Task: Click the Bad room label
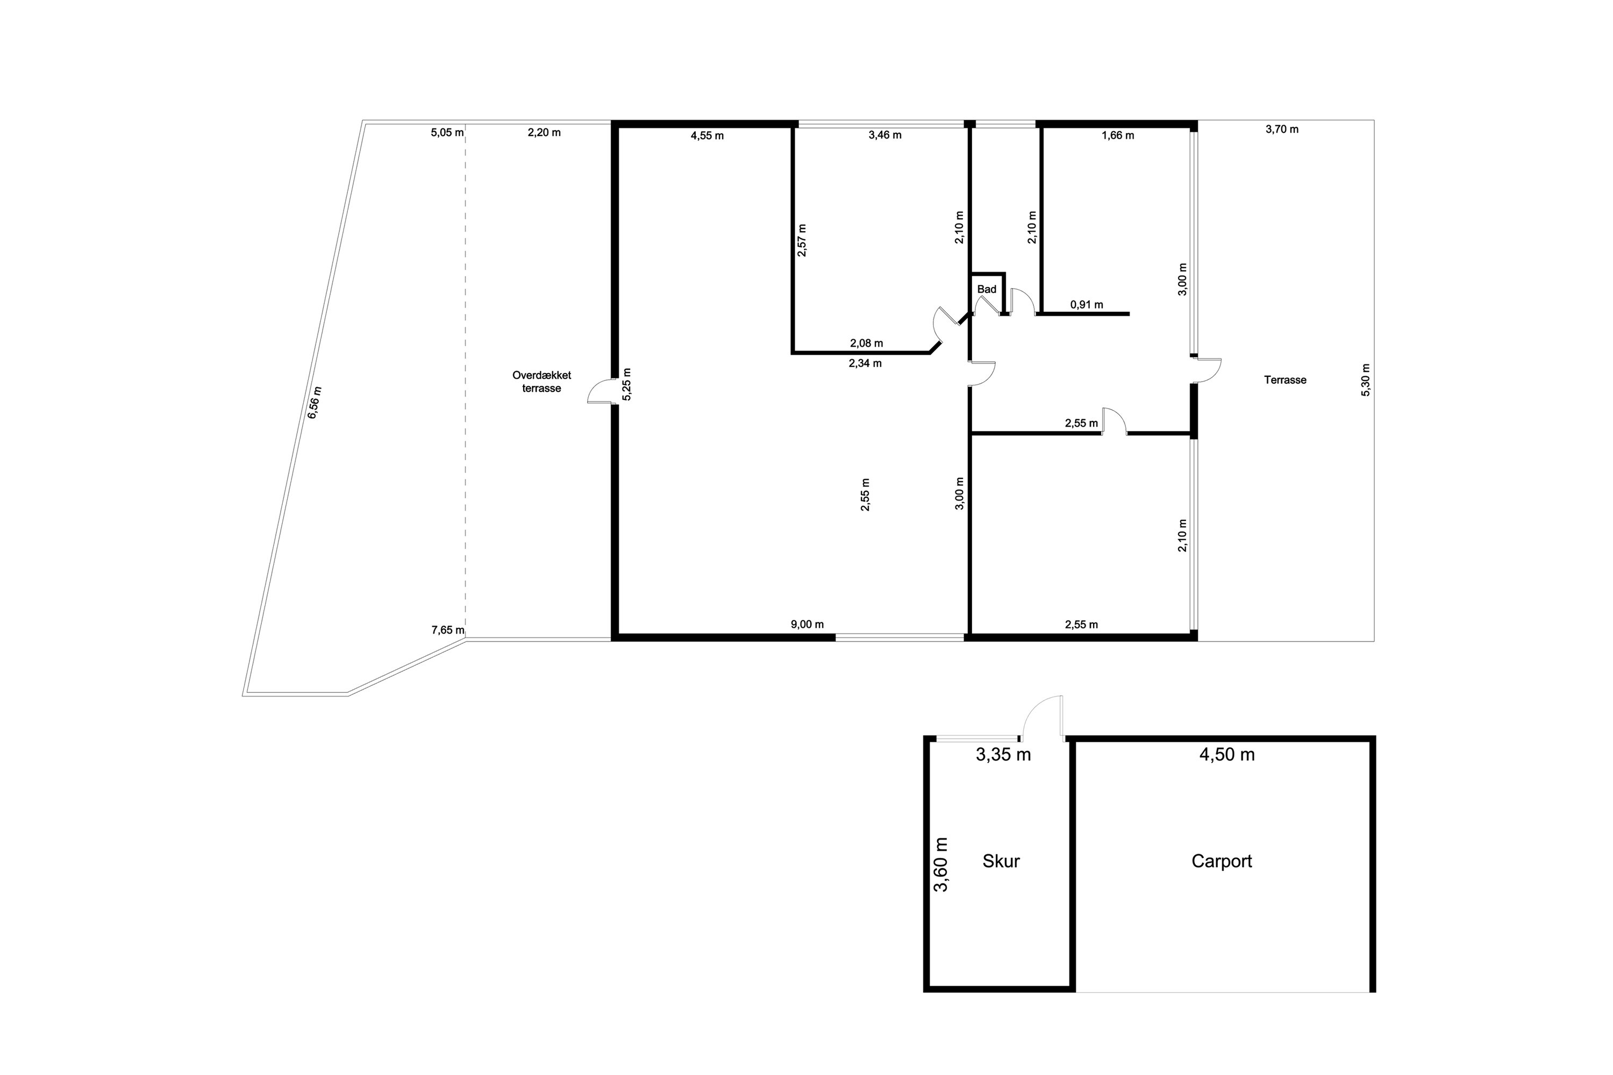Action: click(x=986, y=289)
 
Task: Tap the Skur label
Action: click(x=1001, y=861)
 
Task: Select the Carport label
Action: click(x=1222, y=861)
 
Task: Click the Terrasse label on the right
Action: click(x=1284, y=380)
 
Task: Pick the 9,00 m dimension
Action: click(x=807, y=625)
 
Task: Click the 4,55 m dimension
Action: click(x=707, y=136)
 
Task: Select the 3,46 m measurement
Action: click(x=884, y=135)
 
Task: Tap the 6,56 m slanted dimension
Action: click(x=315, y=403)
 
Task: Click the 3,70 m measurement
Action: click(x=1282, y=129)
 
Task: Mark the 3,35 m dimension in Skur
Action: click(x=1003, y=755)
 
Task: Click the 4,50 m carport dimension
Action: click(x=1227, y=754)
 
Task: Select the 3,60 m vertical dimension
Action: click(x=941, y=864)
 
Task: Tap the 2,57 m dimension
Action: click(x=802, y=240)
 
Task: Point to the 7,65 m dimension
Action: click(x=447, y=630)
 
